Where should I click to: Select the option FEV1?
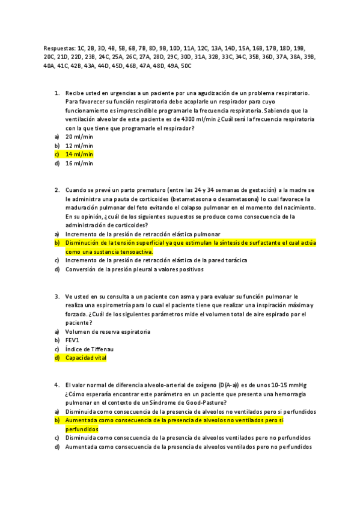pos(72,340)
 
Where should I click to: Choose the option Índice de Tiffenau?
pos(90,349)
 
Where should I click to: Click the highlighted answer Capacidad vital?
pos(86,358)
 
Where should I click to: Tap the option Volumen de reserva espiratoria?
pos(108,331)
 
